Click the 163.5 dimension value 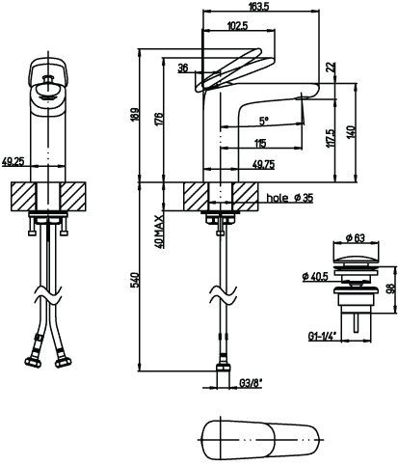tap(258, 7)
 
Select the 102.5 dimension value tap(238, 26)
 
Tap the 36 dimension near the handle tap(183, 69)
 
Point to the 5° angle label tap(264, 121)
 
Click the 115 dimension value tap(260, 143)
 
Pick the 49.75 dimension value tap(263, 165)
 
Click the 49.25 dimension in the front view tap(13, 161)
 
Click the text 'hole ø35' tap(290, 198)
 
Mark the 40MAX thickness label tap(159, 232)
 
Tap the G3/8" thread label tap(251, 383)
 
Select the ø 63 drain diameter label tap(356, 238)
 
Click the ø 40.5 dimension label tap(315, 276)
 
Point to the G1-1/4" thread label tap(322, 336)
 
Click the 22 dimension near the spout tap(331, 67)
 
